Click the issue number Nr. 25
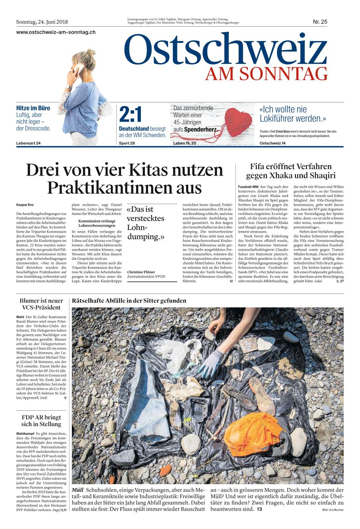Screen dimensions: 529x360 (x=320, y=22)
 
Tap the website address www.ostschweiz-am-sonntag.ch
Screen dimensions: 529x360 (x=56, y=32)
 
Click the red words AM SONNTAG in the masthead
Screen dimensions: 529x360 (x=266, y=74)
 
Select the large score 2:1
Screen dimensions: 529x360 (x=130, y=115)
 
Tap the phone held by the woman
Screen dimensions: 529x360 (x=78, y=68)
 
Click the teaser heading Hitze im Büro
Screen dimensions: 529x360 (x=33, y=108)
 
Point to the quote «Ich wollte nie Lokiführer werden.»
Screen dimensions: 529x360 (x=293, y=114)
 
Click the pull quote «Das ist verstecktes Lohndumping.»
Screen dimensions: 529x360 (x=146, y=223)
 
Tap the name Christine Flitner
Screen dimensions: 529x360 (x=141, y=272)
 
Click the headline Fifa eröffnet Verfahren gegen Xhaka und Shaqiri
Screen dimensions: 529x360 (x=291, y=171)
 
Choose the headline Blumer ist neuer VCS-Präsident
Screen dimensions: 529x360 (x=41, y=304)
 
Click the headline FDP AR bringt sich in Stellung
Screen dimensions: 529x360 (x=41, y=421)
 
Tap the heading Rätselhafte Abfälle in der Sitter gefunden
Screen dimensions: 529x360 (x=129, y=301)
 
